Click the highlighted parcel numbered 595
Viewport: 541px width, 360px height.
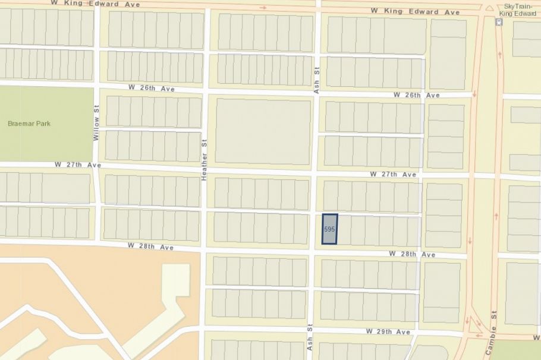329,229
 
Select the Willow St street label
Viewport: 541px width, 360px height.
96,124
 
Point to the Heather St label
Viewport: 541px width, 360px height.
204,165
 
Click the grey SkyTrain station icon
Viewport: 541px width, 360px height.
498,22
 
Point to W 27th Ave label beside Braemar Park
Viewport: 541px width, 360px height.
77,164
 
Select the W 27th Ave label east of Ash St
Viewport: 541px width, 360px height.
393,175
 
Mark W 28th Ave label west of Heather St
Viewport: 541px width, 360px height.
150,246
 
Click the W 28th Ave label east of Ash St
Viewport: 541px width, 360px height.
412,254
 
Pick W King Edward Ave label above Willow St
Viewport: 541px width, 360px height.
96,4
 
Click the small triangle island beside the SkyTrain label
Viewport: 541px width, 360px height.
489,8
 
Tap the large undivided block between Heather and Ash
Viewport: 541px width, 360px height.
263,131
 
